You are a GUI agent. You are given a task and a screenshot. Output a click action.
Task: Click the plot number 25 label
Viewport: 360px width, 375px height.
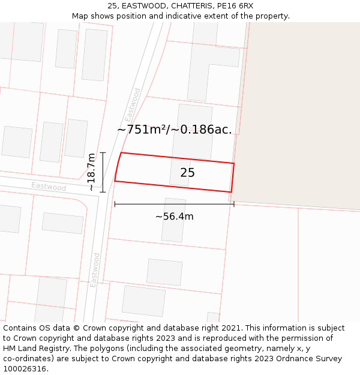click(x=187, y=173)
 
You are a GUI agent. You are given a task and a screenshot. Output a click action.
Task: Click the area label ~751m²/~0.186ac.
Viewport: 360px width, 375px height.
click(x=174, y=130)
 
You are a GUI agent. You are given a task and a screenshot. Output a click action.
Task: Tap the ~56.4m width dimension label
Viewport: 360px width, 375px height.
click(x=174, y=217)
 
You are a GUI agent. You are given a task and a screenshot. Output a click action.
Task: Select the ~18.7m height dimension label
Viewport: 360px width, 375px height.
click(x=91, y=172)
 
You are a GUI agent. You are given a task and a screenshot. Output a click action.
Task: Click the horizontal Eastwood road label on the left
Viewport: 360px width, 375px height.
click(x=49, y=187)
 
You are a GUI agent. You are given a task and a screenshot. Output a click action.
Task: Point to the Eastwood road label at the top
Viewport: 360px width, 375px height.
click(x=133, y=105)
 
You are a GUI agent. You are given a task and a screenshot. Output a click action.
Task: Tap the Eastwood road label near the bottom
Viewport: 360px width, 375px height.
click(x=95, y=269)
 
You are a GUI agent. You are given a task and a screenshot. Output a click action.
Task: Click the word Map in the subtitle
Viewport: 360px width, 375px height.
click(x=81, y=16)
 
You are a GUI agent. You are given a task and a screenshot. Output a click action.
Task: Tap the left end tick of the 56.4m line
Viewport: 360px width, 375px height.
click(x=115, y=205)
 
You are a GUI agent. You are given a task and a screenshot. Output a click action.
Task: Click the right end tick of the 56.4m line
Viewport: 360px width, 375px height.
click(x=234, y=205)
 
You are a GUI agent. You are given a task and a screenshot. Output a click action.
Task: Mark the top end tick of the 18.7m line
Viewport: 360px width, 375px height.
click(x=103, y=152)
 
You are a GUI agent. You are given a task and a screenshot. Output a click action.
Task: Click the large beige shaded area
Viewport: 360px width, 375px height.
click(x=300, y=108)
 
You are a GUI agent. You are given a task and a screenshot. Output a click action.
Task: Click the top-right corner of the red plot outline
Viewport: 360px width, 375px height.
click(x=234, y=163)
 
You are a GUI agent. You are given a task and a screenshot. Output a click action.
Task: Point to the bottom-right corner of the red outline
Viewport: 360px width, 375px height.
click(x=231, y=192)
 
